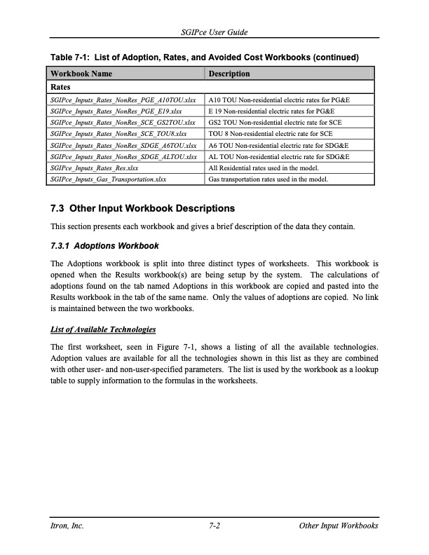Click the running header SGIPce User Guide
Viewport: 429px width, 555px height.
pyautogui.click(x=214, y=33)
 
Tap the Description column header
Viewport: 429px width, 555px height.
pyautogui.click(x=229, y=74)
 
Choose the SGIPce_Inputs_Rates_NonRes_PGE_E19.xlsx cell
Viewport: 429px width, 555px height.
pyautogui.click(x=116, y=111)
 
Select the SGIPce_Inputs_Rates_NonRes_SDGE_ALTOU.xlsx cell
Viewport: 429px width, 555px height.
pyautogui.click(x=124, y=157)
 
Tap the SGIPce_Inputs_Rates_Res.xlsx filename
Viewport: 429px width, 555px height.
pyautogui.click(x=94, y=168)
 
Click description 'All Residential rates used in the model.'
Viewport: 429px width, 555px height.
pyautogui.click(x=264, y=168)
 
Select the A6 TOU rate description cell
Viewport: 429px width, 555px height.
pyautogui.click(x=278, y=145)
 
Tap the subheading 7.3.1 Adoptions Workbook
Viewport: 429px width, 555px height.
pyautogui.click(x=105, y=246)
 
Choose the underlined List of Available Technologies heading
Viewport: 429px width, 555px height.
pyautogui.click(x=102, y=329)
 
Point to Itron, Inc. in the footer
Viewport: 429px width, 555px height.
pyautogui.click(x=69, y=526)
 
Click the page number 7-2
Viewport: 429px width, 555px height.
pyautogui.click(x=215, y=526)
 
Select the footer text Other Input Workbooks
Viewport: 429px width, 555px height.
pyautogui.click(x=338, y=526)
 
